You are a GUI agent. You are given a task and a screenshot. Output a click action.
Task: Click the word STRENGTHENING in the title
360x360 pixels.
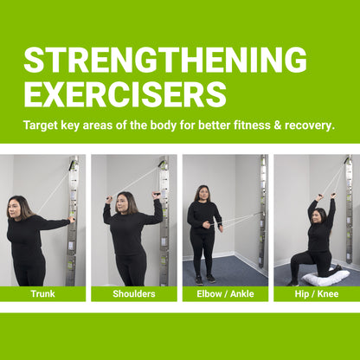(164, 60)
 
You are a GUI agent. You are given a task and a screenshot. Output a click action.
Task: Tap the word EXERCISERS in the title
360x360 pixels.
(125, 93)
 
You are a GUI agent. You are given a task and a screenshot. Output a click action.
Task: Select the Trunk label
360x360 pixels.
(42, 293)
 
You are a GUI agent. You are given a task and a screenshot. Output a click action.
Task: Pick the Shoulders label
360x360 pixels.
(133, 293)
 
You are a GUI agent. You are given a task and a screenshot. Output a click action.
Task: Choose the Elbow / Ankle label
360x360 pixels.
(225, 293)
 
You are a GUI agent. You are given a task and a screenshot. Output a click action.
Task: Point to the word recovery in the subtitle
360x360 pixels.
(304, 125)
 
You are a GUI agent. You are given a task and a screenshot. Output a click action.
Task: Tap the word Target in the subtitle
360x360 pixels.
(44, 125)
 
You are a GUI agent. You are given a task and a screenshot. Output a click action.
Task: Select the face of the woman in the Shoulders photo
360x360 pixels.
(125, 202)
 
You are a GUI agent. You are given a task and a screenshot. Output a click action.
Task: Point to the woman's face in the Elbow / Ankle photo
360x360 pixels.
(204, 194)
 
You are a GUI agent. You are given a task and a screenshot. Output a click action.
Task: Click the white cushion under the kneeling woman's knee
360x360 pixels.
(326, 278)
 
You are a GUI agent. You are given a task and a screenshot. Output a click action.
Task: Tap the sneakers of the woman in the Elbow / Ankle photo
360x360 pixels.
(204, 279)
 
